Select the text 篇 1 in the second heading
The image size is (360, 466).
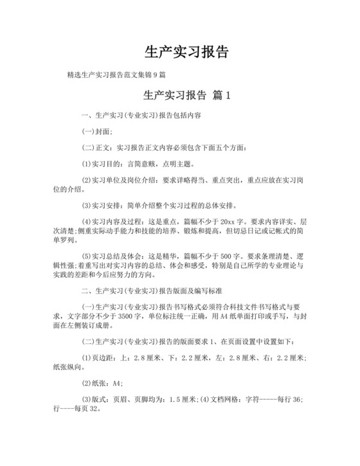coord(221,95)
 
